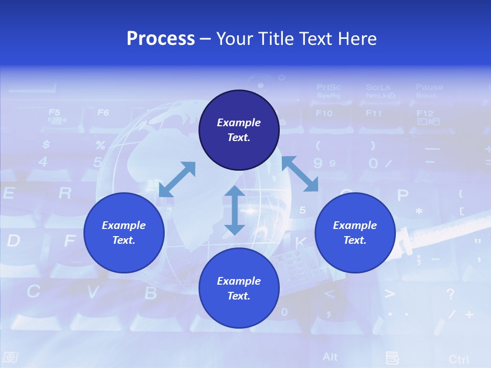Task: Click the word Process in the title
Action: click(x=161, y=38)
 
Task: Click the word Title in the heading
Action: click(x=275, y=38)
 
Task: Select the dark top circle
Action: click(x=239, y=130)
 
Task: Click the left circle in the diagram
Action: click(x=124, y=233)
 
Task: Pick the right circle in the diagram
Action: click(x=355, y=233)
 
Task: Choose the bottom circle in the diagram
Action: click(x=239, y=288)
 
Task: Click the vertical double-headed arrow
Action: click(x=235, y=210)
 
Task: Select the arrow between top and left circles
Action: click(x=177, y=179)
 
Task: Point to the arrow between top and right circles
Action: click(x=300, y=174)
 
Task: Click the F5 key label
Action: click(x=54, y=112)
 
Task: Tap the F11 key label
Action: click(x=373, y=113)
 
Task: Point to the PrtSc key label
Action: click(x=328, y=87)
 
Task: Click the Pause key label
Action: click(x=429, y=87)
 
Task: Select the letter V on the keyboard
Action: click(x=93, y=292)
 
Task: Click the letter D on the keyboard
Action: click(x=13, y=240)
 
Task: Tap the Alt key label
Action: click(x=330, y=357)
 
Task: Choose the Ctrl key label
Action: click(x=458, y=359)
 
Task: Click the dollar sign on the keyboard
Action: click(x=46, y=145)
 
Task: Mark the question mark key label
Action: click(x=450, y=294)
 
